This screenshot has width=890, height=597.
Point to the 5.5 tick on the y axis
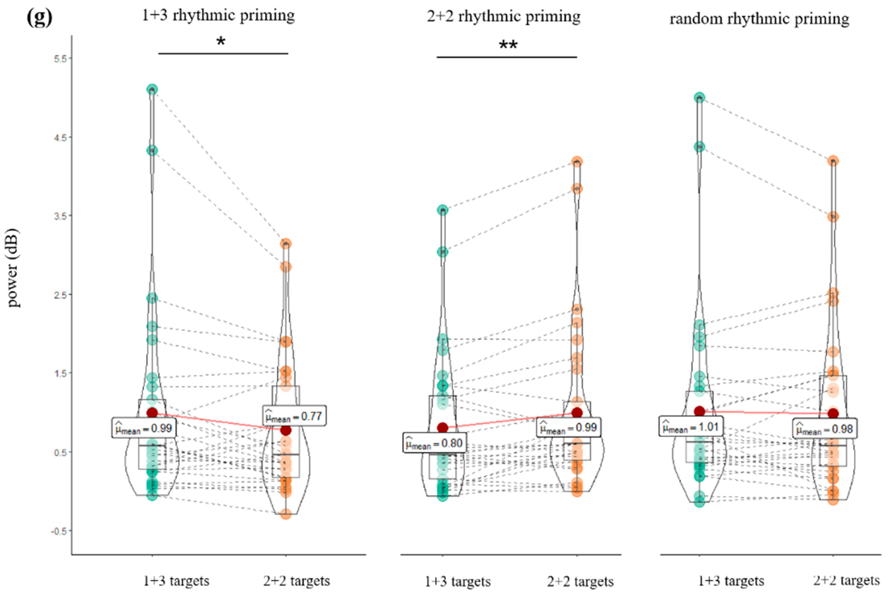click(61, 59)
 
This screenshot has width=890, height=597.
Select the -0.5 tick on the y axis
click(60, 531)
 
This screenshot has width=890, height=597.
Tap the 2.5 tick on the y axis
click(61, 295)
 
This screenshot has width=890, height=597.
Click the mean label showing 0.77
click(294, 416)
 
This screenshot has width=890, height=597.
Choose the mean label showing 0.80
click(434, 443)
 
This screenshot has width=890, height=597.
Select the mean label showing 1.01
click(691, 427)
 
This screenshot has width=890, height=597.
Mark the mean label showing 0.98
click(825, 429)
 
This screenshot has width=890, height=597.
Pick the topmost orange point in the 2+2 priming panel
click(577, 161)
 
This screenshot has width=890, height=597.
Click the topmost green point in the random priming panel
click(699, 98)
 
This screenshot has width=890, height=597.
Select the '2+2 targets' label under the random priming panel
click(846, 581)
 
